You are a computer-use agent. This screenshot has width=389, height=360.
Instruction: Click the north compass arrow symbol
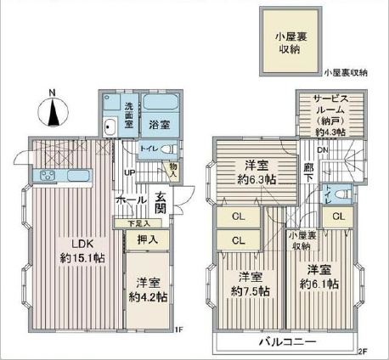52,110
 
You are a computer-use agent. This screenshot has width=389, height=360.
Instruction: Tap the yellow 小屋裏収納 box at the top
290,41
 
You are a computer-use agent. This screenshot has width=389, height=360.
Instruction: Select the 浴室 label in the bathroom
158,124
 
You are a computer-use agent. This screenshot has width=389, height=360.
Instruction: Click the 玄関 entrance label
160,204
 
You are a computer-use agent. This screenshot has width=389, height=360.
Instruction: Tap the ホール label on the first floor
131,201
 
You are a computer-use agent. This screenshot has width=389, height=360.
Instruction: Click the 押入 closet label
147,241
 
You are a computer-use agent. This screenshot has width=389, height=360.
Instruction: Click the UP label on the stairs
129,174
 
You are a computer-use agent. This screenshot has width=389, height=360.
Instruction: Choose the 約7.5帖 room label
249,284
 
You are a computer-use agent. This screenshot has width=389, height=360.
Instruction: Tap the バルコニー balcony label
287,341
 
